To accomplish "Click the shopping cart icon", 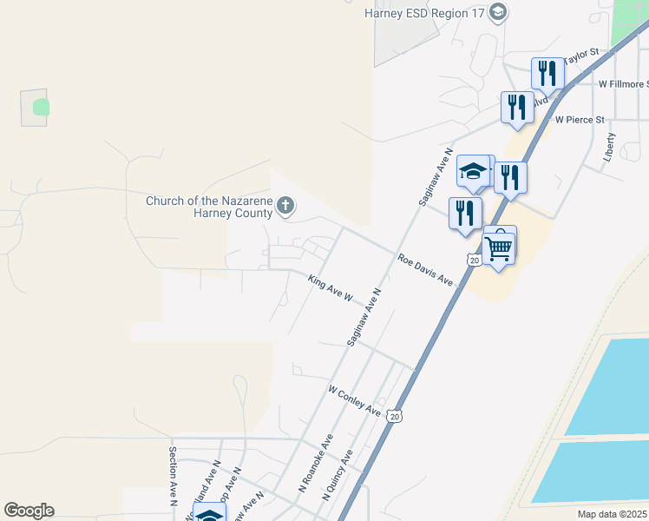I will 499,247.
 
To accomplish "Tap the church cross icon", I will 285,206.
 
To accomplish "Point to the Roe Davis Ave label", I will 426,270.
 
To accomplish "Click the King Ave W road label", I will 330,288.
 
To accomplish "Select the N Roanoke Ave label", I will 316,464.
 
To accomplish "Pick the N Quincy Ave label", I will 338,474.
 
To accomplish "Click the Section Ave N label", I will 174,476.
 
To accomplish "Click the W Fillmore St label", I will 623,84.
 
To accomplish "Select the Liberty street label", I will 612,148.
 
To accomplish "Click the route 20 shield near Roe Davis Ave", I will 473,260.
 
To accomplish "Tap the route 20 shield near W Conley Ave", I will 396,417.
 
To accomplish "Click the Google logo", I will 29,511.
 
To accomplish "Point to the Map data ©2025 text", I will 611,514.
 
